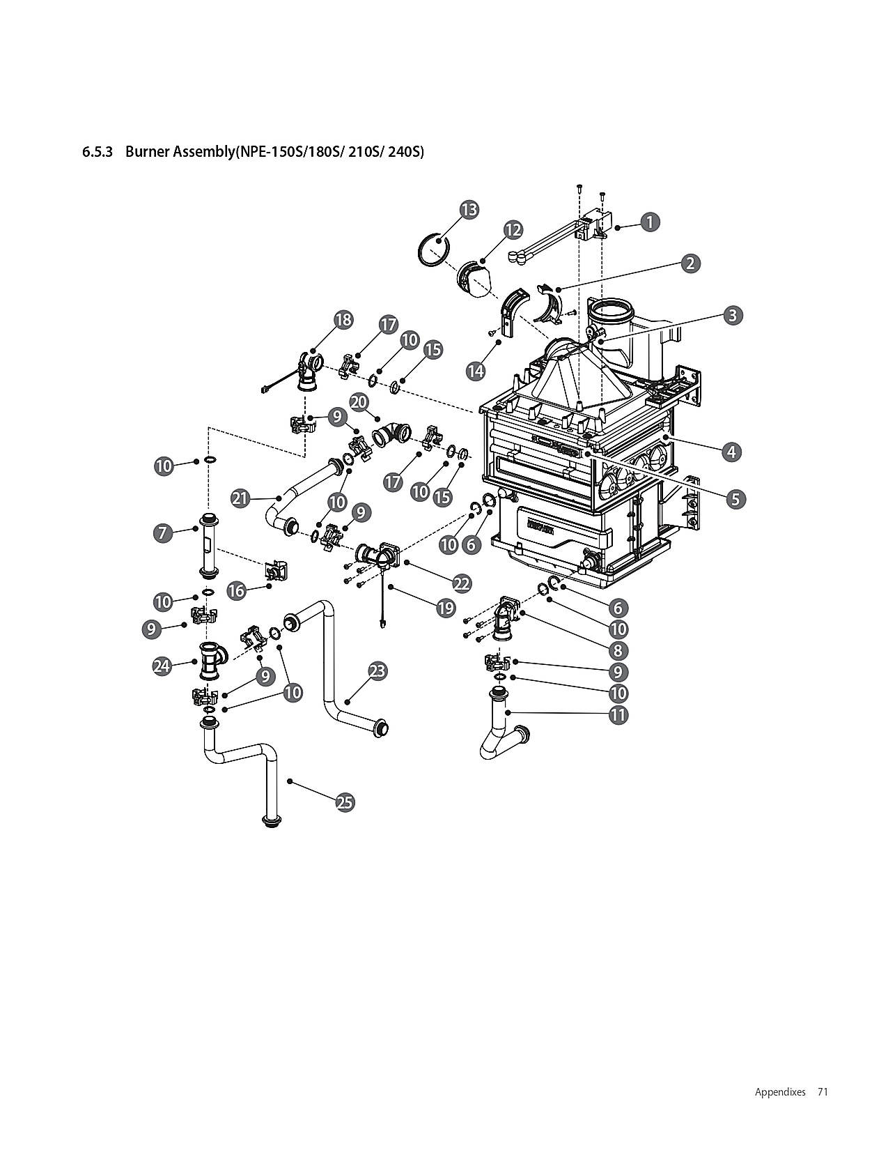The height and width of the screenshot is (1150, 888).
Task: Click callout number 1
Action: pos(648,222)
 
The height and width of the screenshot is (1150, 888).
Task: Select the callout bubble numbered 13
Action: pos(469,209)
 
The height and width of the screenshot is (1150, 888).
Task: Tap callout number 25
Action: pos(345,803)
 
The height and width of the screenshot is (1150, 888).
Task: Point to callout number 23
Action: pos(377,671)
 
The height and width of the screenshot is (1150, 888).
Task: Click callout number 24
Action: pos(162,666)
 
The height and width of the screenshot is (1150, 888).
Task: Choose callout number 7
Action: pos(162,533)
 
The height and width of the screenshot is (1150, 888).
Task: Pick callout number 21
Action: pos(240,498)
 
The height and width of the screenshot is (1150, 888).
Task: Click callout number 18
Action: pos(343,320)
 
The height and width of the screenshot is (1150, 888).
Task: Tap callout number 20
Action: pos(359,402)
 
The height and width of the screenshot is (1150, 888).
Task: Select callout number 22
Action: pos(462,583)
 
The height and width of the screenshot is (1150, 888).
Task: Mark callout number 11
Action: pos(618,714)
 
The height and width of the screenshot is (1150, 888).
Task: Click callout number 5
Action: pos(735,499)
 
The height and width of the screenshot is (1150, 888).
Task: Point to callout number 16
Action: pos(236,591)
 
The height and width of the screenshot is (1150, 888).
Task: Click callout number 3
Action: pos(732,315)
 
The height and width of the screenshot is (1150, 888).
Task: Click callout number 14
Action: pos(476,371)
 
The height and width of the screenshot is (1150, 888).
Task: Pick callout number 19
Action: pos(446,608)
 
